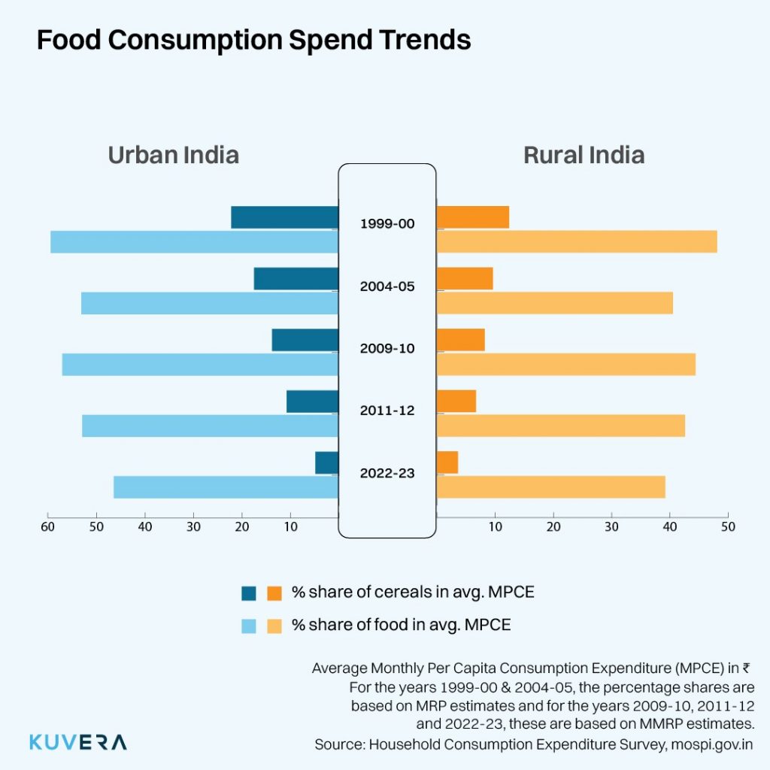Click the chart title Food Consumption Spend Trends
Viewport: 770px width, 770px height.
[x=253, y=40]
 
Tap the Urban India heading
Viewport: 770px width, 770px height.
[x=173, y=155]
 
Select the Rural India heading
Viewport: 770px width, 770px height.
[x=584, y=155]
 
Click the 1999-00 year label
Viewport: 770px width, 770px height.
[x=387, y=224]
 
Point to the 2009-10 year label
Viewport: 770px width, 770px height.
[x=387, y=349]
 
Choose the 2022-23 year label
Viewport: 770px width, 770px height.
[x=387, y=474]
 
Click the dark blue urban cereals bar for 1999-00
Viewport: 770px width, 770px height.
[x=284, y=217]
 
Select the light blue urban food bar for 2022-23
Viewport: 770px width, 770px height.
[x=226, y=487]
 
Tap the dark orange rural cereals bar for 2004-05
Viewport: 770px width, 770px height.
[x=465, y=279]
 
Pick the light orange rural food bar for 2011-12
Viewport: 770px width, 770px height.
[x=561, y=426]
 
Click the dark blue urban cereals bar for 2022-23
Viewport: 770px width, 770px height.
[x=326, y=463]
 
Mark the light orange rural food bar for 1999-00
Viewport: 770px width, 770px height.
[x=577, y=242]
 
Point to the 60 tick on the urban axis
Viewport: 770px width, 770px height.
[x=47, y=526]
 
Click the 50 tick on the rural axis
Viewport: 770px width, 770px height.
[x=728, y=526]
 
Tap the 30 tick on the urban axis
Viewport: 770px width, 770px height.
[x=193, y=526]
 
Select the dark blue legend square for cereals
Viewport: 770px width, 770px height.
[x=249, y=593]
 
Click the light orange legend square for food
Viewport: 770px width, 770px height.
[x=274, y=626]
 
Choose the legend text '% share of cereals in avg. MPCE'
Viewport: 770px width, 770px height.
[x=413, y=593]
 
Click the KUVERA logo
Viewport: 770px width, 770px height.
[x=78, y=742]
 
